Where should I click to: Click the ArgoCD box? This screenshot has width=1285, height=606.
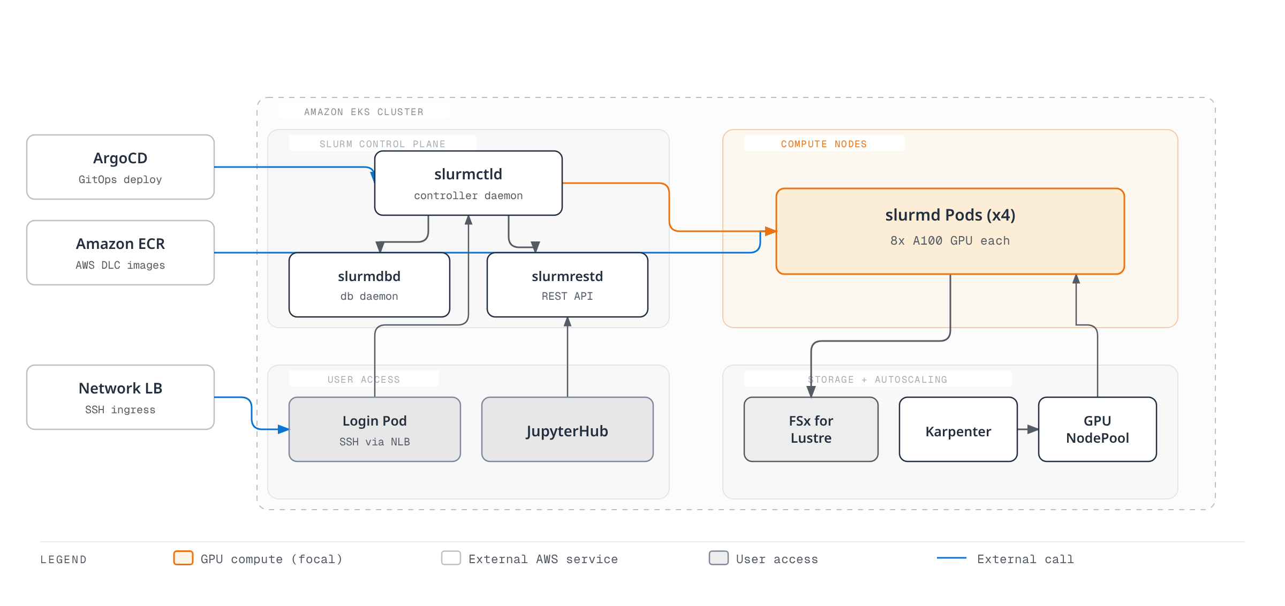120,167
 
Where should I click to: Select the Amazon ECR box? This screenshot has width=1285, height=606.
120,253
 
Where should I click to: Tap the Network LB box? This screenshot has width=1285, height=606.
120,397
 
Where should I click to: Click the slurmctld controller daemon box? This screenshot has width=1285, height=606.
468,183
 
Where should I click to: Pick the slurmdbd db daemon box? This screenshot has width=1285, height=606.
369,285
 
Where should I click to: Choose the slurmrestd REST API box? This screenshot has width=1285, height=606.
568,285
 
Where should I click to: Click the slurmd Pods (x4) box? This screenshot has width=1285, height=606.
950,231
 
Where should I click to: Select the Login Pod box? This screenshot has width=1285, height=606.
375,429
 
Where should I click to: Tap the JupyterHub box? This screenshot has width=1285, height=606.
568,429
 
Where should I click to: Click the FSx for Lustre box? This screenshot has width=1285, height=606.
811,429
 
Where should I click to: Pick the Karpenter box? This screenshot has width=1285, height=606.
958,429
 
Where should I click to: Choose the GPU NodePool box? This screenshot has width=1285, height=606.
1098,429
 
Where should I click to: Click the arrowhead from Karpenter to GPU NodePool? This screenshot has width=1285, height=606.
1033,429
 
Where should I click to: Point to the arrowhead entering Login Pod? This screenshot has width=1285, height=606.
284,429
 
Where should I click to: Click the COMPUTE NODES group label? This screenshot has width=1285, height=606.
824,144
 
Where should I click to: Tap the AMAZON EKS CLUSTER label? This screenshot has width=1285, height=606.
364,112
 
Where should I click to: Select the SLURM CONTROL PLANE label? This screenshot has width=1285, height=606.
383,144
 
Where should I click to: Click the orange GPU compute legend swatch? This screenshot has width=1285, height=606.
183,558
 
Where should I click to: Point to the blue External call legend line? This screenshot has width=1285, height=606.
951,558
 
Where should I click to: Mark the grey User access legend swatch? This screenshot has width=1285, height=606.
719,558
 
